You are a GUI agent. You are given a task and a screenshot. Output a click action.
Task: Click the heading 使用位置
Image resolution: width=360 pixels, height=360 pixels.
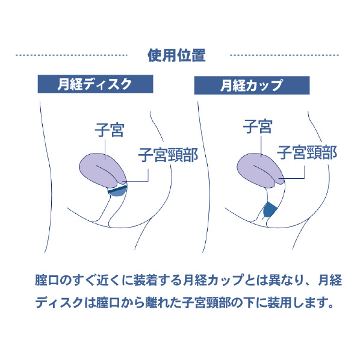coord(176,55)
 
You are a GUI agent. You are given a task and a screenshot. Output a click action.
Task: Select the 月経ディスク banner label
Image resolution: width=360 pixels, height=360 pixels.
coord(95,84)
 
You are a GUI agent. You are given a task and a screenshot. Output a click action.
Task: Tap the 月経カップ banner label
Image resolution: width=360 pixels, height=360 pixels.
coord(252,85)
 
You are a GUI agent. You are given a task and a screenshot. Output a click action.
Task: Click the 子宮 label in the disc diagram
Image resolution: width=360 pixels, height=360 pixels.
coord(110,130)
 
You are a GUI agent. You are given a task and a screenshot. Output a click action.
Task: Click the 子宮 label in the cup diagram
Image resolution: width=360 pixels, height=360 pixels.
coord(258,126)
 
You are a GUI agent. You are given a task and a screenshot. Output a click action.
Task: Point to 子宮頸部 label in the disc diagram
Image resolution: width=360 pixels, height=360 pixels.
coord(168,155)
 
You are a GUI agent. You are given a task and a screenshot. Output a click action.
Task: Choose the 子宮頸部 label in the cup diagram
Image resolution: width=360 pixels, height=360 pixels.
coord(307,152)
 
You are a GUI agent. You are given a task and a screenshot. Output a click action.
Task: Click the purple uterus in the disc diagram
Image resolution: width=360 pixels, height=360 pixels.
coord(102,170)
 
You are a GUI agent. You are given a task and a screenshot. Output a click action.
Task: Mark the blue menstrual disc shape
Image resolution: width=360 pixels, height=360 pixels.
coord(118,191)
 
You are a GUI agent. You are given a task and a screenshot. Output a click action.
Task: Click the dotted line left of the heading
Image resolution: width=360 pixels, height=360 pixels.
coord(72,55)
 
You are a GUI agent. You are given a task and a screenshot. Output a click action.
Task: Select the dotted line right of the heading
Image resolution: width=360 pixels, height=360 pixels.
coord(285,55)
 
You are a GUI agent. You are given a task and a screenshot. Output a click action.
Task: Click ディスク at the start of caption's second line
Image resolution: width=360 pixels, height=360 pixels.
coord(59,302)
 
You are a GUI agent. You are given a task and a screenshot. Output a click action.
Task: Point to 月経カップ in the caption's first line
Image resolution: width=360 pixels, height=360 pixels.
coord(213,280)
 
